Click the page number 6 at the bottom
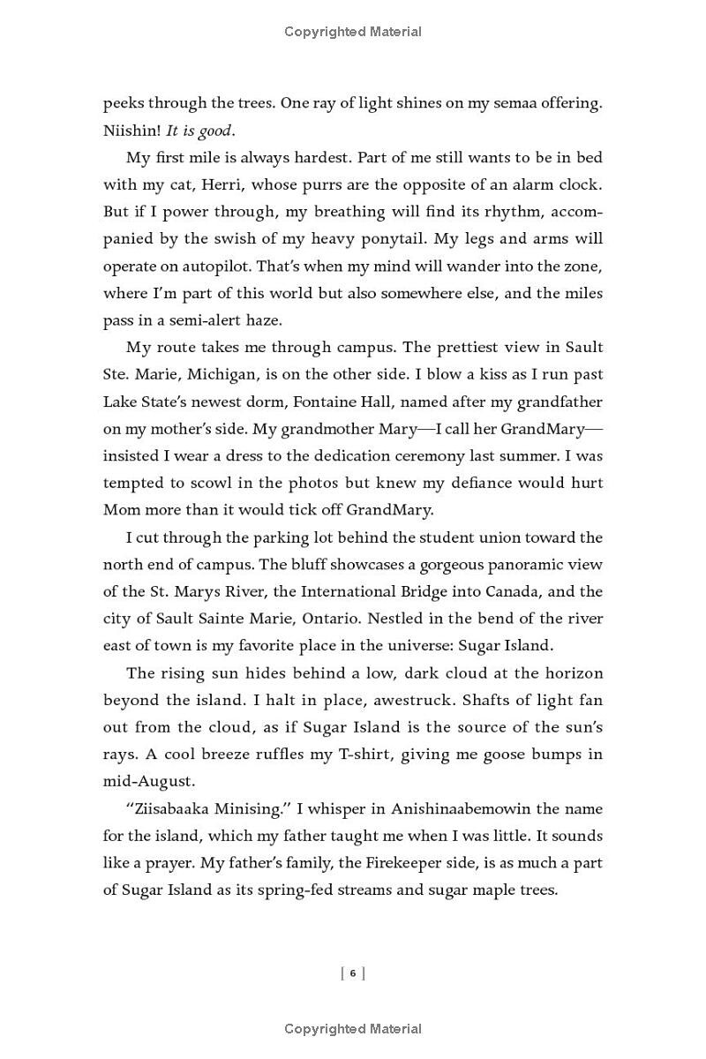click(x=353, y=973)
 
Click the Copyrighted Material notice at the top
click(x=353, y=32)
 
